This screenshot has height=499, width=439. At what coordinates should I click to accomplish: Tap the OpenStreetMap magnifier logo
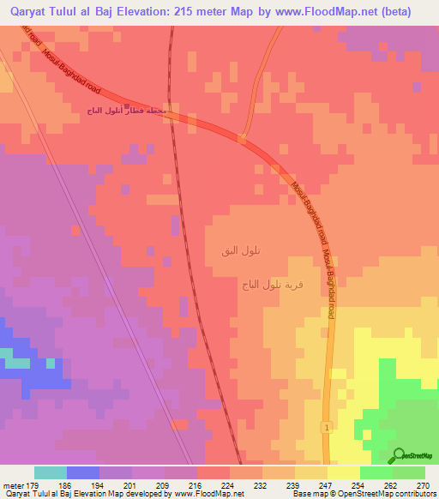(400, 457)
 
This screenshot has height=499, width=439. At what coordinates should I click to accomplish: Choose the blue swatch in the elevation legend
(82, 472)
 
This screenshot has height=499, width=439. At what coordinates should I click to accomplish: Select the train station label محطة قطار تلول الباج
(132, 111)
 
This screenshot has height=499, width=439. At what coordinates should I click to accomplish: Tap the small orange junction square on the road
(243, 136)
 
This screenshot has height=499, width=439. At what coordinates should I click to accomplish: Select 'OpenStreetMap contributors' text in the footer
(389, 494)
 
